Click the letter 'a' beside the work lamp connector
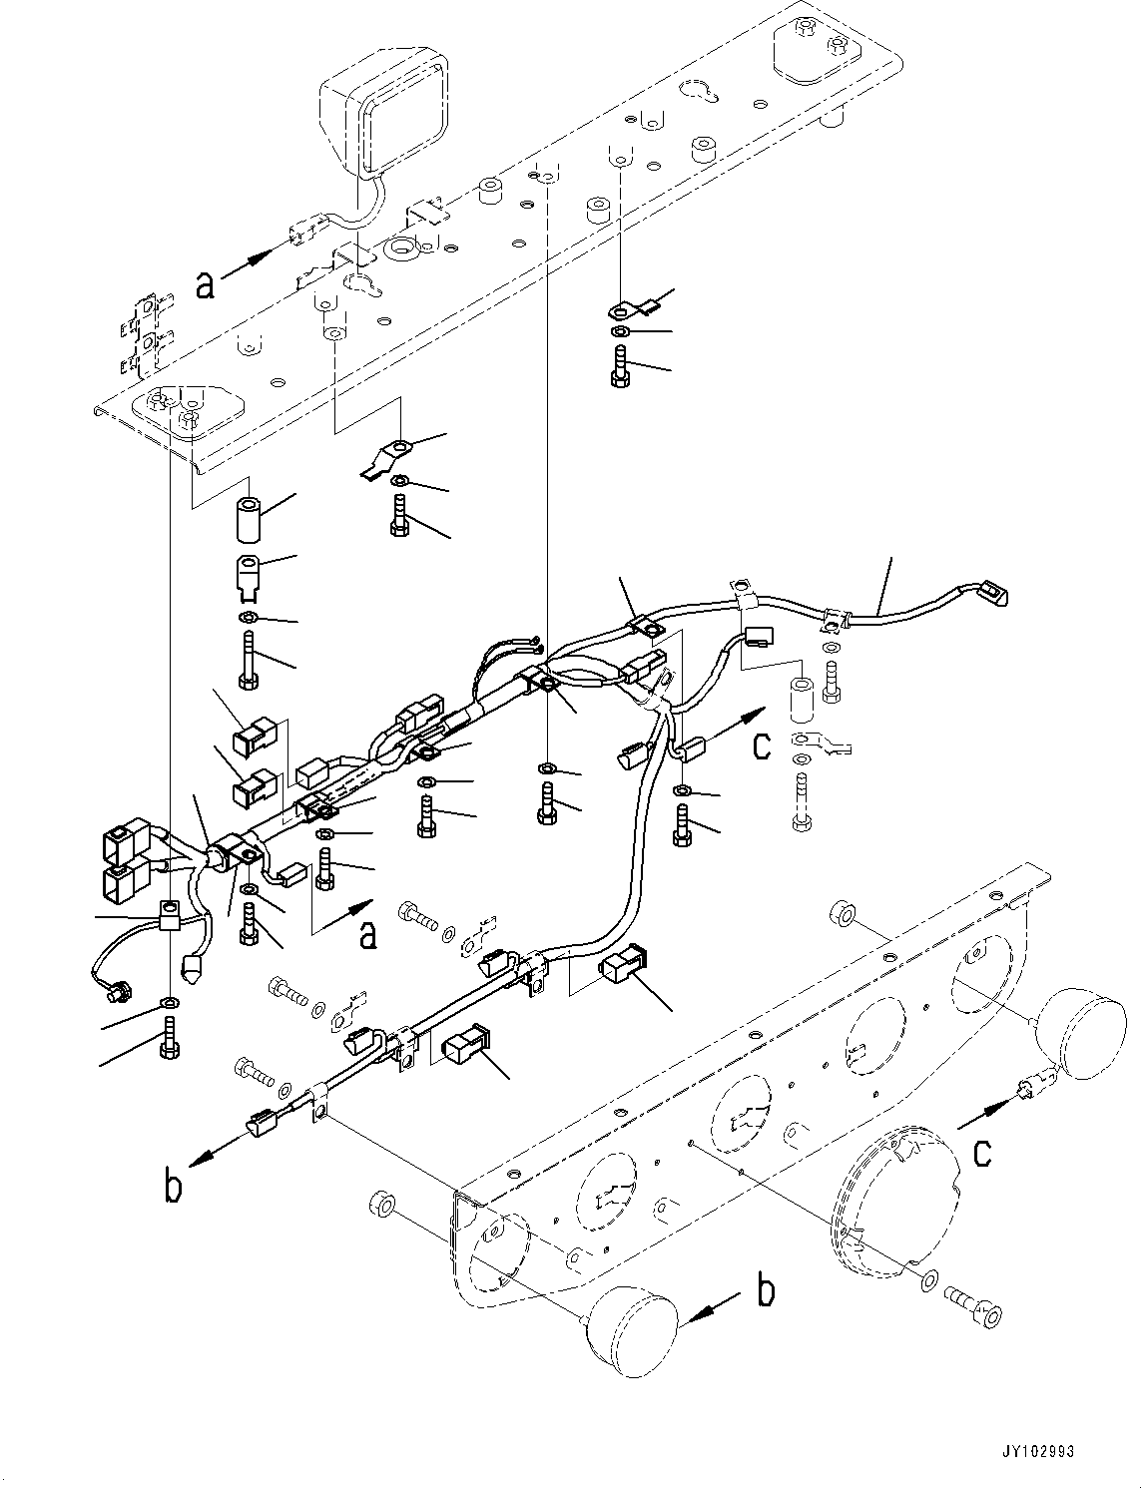point(205,286)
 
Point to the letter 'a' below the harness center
point(368,935)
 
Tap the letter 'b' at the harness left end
point(174,1187)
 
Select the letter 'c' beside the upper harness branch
point(762,744)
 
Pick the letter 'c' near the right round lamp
point(982,1153)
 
